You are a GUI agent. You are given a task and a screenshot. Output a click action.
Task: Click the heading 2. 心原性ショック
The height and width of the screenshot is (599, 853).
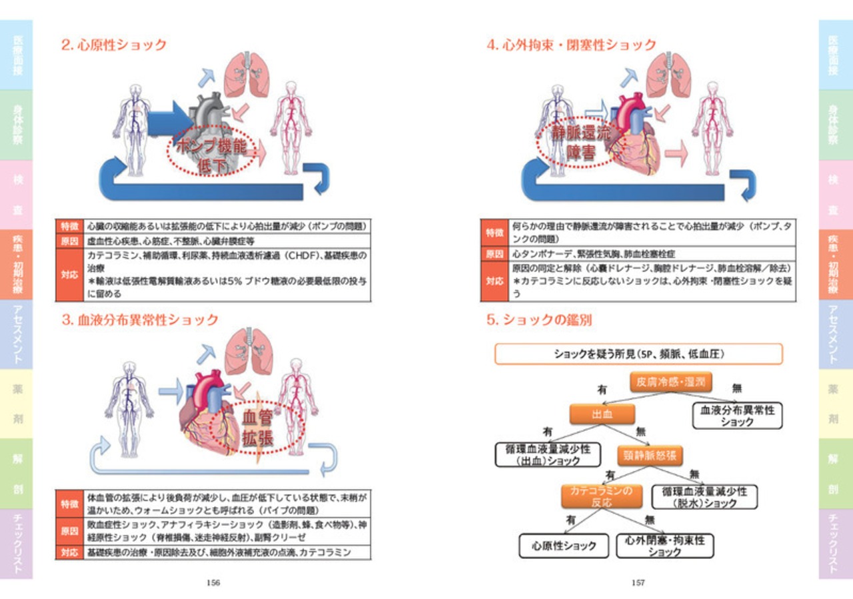[x=114, y=45]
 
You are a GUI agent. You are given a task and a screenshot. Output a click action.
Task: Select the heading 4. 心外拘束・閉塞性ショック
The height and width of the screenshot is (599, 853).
[x=571, y=45]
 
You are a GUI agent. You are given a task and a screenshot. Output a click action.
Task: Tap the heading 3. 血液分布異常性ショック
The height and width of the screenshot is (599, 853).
[x=140, y=320]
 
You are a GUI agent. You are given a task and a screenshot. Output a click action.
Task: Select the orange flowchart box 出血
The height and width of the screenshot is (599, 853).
[x=602, y=414]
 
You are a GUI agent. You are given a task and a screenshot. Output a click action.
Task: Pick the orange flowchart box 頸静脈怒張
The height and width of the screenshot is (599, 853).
[x=650, y=456]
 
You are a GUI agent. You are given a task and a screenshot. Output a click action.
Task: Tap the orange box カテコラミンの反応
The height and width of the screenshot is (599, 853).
[x=602, y=496]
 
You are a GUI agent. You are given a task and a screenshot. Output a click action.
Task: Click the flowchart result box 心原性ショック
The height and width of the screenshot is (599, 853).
[x=564, y=546]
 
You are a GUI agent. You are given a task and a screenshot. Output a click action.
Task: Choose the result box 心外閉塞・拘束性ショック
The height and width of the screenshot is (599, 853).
[x=664, y=546]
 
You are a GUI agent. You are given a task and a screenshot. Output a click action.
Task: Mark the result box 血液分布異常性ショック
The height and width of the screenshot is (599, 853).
[x=736, y=416]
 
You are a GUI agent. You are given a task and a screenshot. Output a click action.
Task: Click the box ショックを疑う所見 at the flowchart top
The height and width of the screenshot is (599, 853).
[x=638, y=354]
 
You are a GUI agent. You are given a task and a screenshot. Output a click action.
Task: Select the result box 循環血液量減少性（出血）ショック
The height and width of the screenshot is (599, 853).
[x=548, y=454]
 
